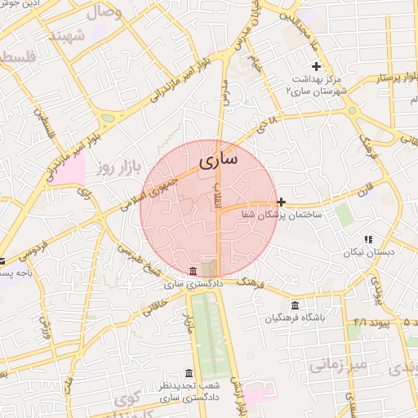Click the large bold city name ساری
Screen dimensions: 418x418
pyautogui.click(x=219, y=159)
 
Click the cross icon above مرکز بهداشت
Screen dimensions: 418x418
pyautogui.click(x=316, y=66)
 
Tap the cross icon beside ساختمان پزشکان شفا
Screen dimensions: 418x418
pyautogui.click(x=282, y=202)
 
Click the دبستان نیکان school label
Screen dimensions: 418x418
pyautogui.click(x=368, y=252)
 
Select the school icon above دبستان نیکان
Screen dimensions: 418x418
pyautogui.click(x=368, y=239)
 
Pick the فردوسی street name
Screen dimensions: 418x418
pyautogui.click(x=25, y=247)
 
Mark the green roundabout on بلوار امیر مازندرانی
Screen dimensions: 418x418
pyautogui.click(x=108, y=118)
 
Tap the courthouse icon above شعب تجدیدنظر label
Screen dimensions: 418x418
pyautogui.click(x=189, y=373)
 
